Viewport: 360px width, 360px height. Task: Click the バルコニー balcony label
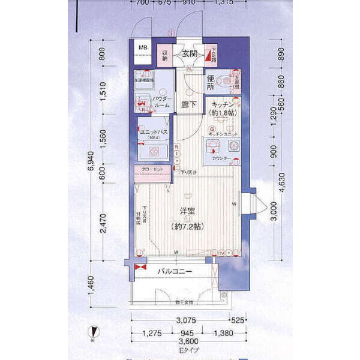click(x=175, y=272)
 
